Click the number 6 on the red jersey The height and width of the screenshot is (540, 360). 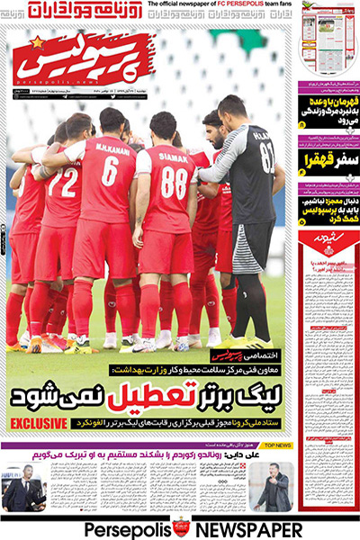point(110,171)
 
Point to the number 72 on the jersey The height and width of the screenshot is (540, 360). point(62,184)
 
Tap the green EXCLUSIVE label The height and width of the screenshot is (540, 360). point(39,422)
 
